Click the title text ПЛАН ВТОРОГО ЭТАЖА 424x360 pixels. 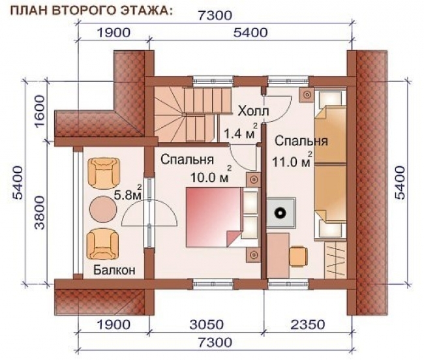coord(92,9)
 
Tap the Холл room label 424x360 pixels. coord(252,110)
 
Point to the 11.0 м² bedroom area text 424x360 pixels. coord(293,160)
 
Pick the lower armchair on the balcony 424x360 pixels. coord(104,244)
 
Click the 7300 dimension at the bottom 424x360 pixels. coord(215,342)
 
